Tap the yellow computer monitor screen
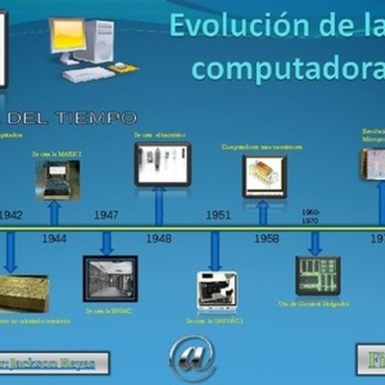click(68, 36)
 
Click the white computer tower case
click(99, 40)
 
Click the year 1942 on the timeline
click(11, 215)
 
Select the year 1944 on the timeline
click(54, 238)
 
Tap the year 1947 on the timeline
click(106, 215)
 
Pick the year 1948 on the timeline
click(158, 238)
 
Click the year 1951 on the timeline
click(218, 215)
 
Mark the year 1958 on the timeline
click(266, 238)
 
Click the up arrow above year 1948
click(159, 205)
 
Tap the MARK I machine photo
click(58, 179)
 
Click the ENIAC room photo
click(110, 278)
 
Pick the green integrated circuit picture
click(318, 275)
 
